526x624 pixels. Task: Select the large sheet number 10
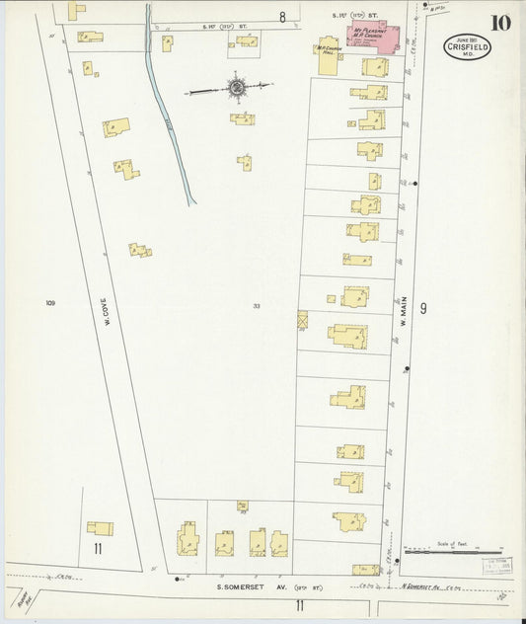(x=499, y=23)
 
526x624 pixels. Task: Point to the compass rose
(x=237, y=89)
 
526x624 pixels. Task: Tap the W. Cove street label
(x=105, y=306)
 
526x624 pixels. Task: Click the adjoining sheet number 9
(x=422, y=310)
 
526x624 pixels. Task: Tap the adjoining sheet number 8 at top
(x=281, y=17)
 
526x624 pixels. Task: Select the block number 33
(x=256, y=306)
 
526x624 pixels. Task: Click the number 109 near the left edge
(x=49, y=303)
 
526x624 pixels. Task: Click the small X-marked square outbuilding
(x=302, y=319)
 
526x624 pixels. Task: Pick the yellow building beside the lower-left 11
(x=100, y=528)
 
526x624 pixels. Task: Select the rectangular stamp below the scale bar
(x=497, y=566)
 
